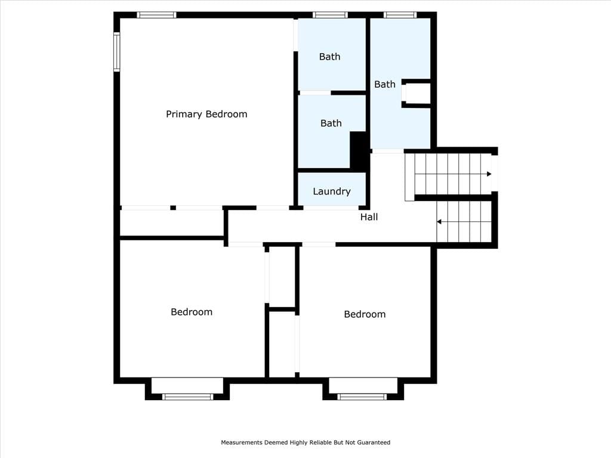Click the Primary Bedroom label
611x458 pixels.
pyautogui.click(x=206, y=114)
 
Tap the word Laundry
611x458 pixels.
pyautogui.click(x=332, y=191)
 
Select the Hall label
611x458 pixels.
pyautogui.click(x=369, y=217)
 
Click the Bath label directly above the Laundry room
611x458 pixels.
pyautogui.click(x=331, y=123)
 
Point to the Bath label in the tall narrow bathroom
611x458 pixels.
pyautogui.click(x=385, y=84)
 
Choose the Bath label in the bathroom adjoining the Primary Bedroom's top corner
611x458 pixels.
pyautogui.click(x=329, y=57)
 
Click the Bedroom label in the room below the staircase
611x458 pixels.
pyautogui.click(x=365, y=314)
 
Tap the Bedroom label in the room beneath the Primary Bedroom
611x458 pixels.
pyautogui.click(x=192, y=312)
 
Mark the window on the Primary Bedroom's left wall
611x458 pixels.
pyautogui.click(x=116, y=52)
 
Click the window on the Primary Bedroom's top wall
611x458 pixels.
pyautogui.click(x=156, y=15)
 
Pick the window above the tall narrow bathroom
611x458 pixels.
pyautogui.click(x=400, y=15)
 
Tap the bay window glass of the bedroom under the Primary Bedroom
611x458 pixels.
pyautogui.click(x=187, y=397)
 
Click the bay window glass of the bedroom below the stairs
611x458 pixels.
pyautogui.click(x=362, y=397)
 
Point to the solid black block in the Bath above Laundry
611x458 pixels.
pyautogui.click(x=358, y=150)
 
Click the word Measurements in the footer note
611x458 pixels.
pyautogui.click(x=242, y=442)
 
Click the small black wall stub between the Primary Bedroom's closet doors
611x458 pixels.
pyautogui.click(x=173, y=208)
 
